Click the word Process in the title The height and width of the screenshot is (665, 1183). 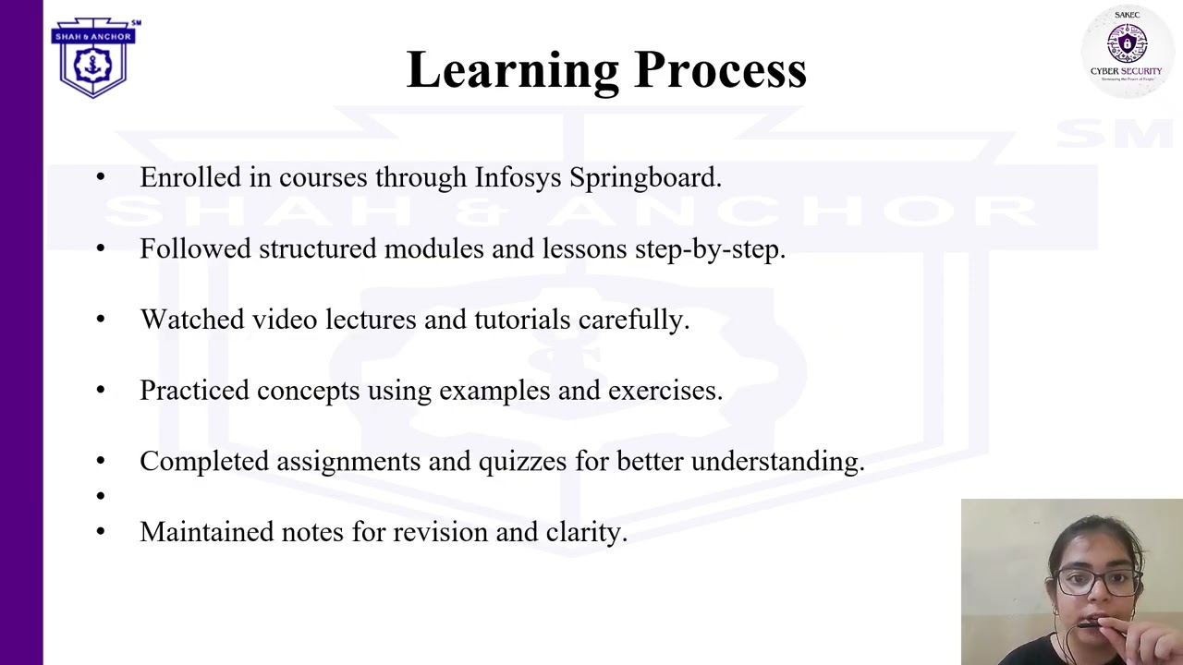coord(720,71)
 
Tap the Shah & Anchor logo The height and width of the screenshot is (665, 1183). coord(93,57)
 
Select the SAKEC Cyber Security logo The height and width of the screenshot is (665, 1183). coord(1126,47)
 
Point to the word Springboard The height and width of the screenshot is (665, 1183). coord(644,177)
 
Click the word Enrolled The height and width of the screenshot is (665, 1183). coord(190,177)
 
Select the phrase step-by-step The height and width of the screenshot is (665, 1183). coord(709,248)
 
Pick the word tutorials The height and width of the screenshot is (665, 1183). coord(522,320)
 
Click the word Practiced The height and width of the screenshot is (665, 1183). coord(194,391)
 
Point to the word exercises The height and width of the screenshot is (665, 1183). coord(665,391)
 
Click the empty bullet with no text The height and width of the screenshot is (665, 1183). coord(101,497)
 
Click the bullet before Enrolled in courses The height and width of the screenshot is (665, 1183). coord(101,177)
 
